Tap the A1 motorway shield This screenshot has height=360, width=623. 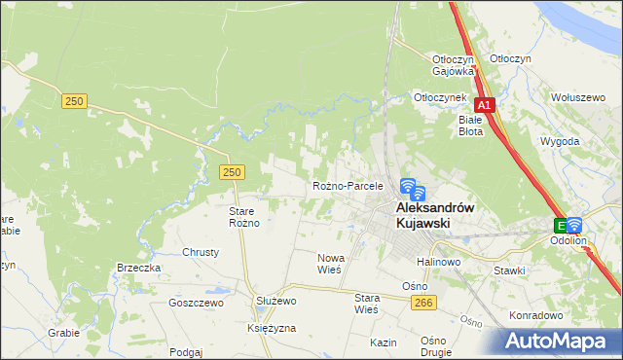[x=485, y=104]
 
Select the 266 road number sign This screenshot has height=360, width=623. [x=421, y=304]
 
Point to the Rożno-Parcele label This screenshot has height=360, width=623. [x=348, y=185]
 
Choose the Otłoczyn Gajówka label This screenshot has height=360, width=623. [x=453, y=64]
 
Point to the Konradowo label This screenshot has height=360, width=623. [x=535, y=315]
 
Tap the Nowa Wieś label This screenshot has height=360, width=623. [x=331, y=264]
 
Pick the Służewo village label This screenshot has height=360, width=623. [x=275, y=302]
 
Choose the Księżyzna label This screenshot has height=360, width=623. [x=272, y=329]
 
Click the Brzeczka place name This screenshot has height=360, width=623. [x=138, y=269]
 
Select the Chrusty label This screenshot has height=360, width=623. [x=201, y=252]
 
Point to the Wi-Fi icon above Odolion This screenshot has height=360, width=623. [x=573, y=224]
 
